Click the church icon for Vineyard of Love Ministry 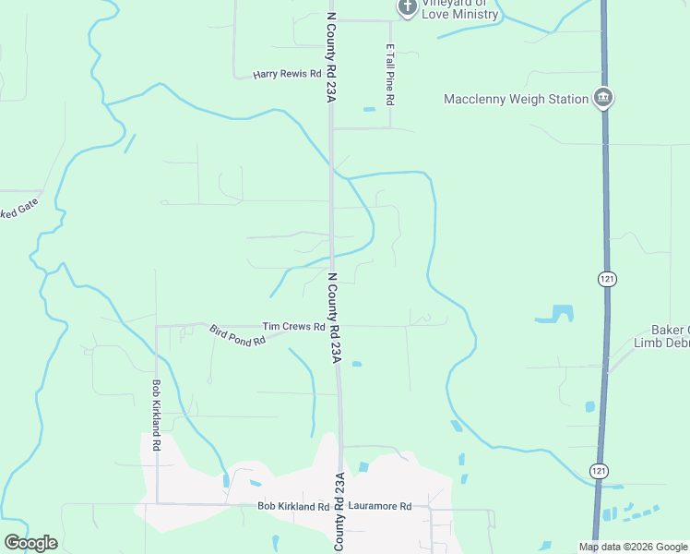408,8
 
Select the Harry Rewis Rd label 287,74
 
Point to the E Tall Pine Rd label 391,73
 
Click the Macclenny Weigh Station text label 516,99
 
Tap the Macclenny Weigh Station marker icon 603,98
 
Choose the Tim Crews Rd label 293,327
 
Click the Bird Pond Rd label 237,334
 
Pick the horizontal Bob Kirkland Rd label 293,507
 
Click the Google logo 30,543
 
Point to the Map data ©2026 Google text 633,547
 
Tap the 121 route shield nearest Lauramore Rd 601,471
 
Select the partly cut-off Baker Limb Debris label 661,336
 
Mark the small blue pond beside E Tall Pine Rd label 370,110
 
